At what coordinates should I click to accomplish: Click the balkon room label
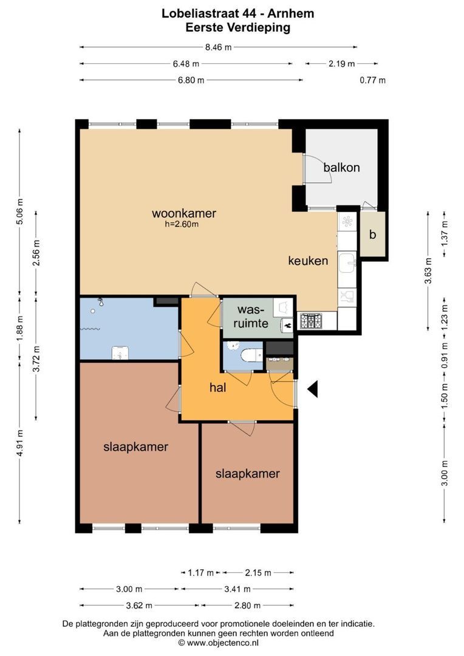point(341,168)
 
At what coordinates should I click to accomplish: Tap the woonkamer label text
point(183,213)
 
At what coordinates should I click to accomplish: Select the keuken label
point(308,261)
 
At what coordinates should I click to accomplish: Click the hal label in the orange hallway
point(217,388)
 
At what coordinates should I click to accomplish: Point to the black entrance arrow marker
point(313,389)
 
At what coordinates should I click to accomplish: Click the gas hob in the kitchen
point(310,321)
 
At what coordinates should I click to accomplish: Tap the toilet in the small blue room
point(251,355)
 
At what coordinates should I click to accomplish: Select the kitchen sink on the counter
point(347,263)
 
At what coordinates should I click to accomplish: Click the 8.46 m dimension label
point(219,47)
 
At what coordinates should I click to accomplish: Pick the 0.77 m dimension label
point(372,80)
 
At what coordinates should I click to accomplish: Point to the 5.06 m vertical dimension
point(19,212)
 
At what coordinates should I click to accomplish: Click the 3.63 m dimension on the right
point(428,270)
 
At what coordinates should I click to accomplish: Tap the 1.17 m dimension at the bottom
point(201,572)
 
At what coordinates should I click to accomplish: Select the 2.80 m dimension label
point(247,606)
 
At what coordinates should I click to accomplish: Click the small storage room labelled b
point(372,234)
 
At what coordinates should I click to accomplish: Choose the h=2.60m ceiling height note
point(182,224)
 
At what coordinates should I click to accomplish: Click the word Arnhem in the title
point(291,13)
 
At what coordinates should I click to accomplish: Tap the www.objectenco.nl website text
point(223,643)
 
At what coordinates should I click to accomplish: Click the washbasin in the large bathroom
point(120,353)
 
